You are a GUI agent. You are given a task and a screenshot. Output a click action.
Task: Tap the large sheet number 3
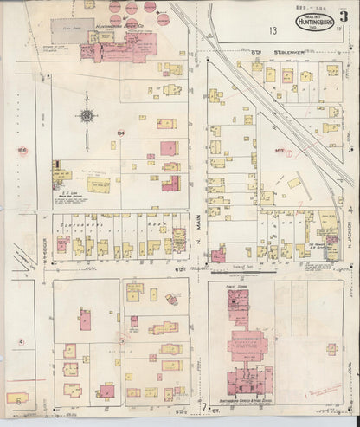click(x=343, y=19)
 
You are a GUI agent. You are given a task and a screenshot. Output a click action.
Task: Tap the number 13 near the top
click(x=272, y=30)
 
